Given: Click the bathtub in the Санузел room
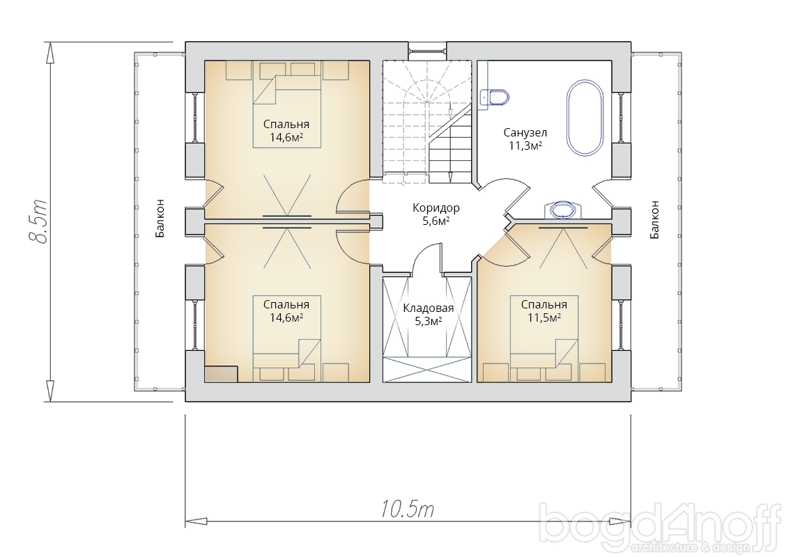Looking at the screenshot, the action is coord(585,117).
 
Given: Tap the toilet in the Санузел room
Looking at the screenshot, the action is coord(495,97).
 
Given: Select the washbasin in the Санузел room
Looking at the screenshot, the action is coord(562,210).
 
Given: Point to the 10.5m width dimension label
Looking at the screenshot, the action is coord(407,510).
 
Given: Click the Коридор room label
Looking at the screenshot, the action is coord(436,207).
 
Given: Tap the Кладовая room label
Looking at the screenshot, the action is coord(428,308).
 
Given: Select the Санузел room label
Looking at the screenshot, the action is coord(525,133).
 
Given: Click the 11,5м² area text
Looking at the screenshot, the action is coord(544,317).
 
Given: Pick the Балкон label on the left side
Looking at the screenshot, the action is coord(160,219).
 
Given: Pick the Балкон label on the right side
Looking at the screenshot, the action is coord(654,219).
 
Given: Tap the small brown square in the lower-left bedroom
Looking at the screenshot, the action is coord(221,374).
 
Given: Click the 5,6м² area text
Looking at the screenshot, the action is coord(436,221).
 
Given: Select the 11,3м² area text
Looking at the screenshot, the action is coord(525,146).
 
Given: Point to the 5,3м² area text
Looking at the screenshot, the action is coord(428,321).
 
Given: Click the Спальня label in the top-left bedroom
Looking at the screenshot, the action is coord(286,124).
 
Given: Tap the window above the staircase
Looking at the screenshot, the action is coord(426,50).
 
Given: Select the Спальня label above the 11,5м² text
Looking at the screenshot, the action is coord(544,304).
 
